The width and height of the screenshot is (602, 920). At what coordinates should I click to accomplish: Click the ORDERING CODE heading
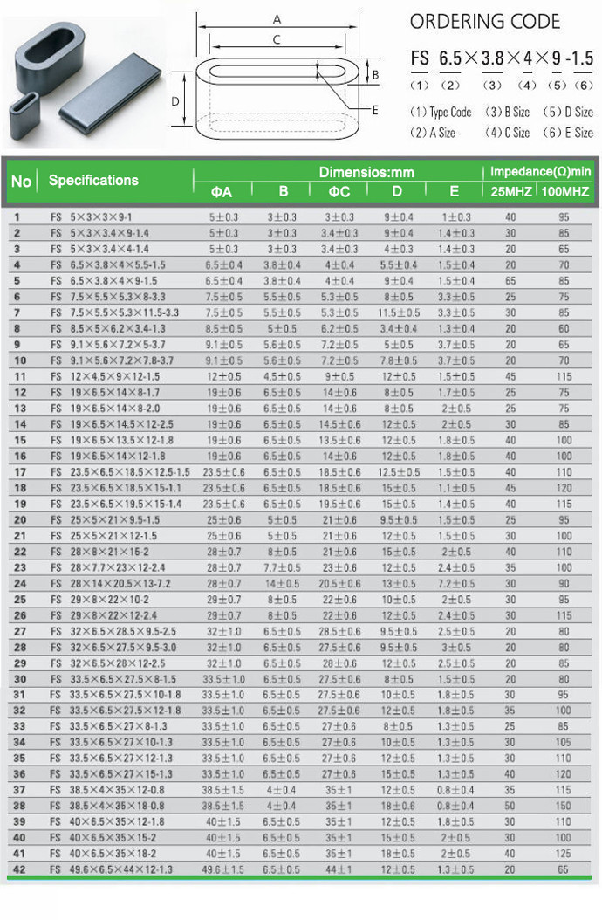(x=484, y=22)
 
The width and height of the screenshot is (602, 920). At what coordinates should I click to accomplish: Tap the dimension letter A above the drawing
(x=277, y=18)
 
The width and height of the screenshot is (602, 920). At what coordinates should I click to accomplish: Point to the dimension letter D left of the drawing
(x=175, y=102)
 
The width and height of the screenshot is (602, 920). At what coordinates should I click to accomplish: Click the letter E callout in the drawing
(x=375, y=111)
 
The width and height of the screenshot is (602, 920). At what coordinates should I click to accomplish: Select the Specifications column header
(x=93, y=180)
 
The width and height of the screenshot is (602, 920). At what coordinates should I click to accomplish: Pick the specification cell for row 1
(x=97, y=215)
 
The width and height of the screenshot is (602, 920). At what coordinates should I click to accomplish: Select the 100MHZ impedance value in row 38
(x=564, y=806)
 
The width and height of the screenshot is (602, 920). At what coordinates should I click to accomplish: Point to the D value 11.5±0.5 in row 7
(x=398, y=312)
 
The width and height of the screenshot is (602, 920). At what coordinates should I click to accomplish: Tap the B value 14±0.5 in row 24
(x=282, y=583)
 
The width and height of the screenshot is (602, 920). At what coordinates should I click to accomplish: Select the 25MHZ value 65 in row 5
(x=510, y=280)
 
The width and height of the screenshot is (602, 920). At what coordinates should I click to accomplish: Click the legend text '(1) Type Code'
(x=441, y=112)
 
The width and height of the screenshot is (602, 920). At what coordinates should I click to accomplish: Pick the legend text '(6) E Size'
(x=568, y=133)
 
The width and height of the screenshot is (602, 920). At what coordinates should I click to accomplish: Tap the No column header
(x=21, y=181)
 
